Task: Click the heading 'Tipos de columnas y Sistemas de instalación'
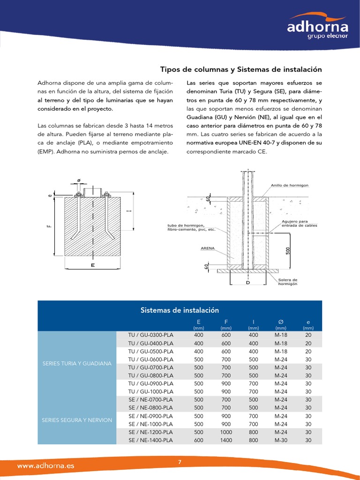point(241,69)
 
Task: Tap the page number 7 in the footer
point(180,463)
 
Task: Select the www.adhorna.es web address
point(45,466)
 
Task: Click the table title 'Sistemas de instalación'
point(180,310)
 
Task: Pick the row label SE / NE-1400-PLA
point(150,440)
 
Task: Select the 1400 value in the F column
point(226,440)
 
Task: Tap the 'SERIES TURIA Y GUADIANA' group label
point(76,363)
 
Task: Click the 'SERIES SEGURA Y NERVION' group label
point(76,420)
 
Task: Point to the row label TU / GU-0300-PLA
point(150,335)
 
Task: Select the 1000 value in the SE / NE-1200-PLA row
point(226,432)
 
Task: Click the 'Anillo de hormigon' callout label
point(289,186)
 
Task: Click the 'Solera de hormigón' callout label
point(288,282)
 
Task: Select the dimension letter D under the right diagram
point(248,283)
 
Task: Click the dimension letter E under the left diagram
point(92,265)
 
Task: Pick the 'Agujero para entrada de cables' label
point(299,223)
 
